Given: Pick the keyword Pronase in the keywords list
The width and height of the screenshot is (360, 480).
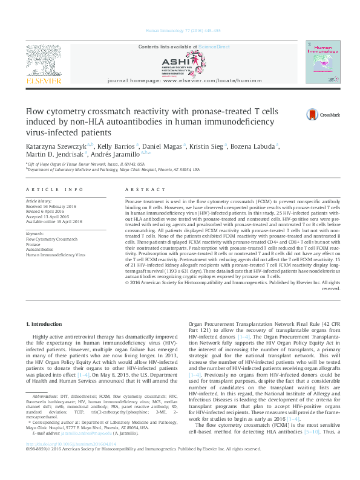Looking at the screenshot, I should [33, 244].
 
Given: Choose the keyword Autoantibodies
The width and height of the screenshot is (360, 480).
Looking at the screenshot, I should [40, 250].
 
